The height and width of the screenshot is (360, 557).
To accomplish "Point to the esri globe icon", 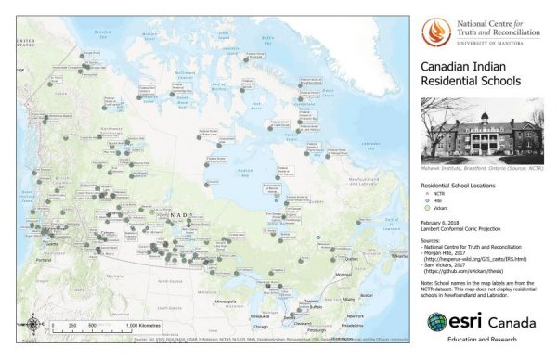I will point(436,324).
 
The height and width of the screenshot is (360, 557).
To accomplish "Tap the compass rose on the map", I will point(33,324).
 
